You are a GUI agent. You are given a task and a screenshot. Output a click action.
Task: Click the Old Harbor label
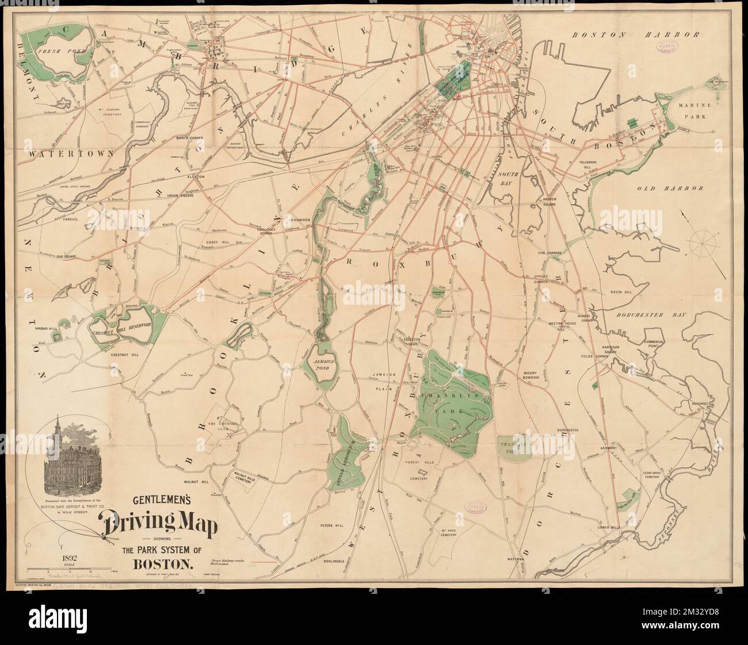(670, 188)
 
